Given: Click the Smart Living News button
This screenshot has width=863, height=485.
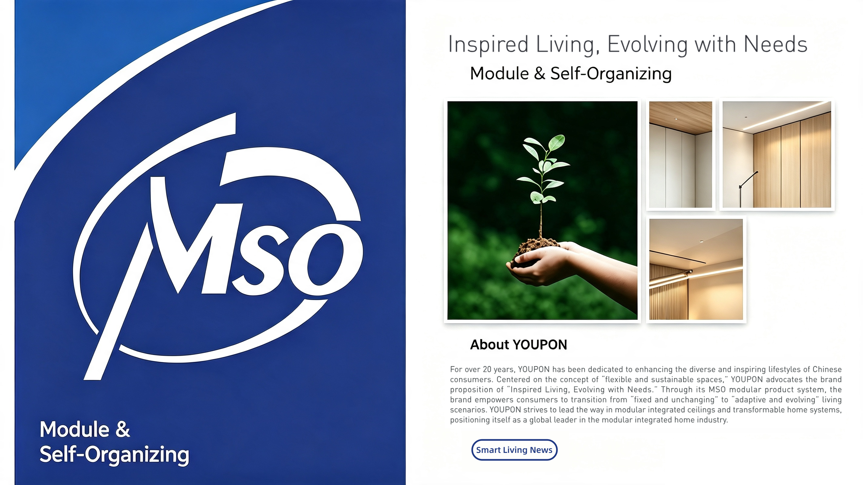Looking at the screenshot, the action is tap(514, 450).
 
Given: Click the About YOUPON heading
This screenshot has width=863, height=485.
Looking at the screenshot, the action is tap(518, 345).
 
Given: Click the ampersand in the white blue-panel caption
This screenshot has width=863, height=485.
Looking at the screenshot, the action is tap(123, 429).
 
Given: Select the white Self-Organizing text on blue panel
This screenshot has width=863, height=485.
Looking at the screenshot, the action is tap(114, 454).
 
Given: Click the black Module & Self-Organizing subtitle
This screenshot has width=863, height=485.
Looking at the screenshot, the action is tap(571, 73).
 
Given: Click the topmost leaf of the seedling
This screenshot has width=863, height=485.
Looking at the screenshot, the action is tap(557, 142).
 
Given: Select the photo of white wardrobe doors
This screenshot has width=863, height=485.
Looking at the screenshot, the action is tap(680, 155).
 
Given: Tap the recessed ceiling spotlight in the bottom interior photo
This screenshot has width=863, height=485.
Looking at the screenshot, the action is tap(701, 241).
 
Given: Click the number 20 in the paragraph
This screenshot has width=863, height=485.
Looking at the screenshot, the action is tap(487, 370).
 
